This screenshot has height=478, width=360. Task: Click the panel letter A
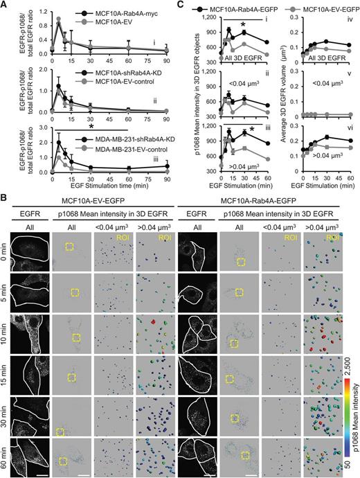pyautogui.click(x=4, y=6)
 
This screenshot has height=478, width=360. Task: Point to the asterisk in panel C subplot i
pyautogui.click(x=243, y=25)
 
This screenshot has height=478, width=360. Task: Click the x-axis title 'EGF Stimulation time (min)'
pyautogui.click(x=109, y=185)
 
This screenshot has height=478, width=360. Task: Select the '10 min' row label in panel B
pyautogui.click(x=5, y=335)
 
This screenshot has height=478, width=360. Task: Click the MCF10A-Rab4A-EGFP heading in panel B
pyautogui.click(x=258, y=201)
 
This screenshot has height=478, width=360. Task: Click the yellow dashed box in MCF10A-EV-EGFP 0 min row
pyautogui.click(x=69, y=247)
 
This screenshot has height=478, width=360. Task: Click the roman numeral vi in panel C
pyautogui.click(x=350, y=127)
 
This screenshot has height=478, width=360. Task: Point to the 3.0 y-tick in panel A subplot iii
pyautogui.click(x=44, y=127)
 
